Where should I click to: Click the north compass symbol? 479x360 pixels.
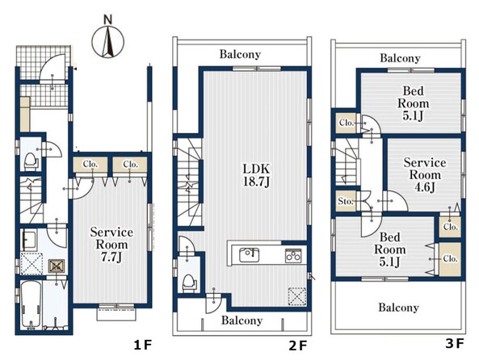tap(108, 41)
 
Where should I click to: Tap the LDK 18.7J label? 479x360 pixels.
tap(256, 175)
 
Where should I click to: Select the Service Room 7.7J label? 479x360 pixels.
tap(111, 245)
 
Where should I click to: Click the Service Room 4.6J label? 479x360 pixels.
tap(425, 174)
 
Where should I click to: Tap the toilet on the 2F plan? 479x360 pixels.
tap(189, 283)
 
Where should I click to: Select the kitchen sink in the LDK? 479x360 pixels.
tap(250, 255)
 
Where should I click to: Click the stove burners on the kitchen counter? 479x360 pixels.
tap(293, 256)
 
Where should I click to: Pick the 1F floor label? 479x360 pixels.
tap(143, 345)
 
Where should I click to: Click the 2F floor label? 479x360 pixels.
tap(298, 345)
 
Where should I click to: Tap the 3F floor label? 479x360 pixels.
tap(455, 344)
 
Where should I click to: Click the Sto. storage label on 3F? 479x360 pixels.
tap(346, 202)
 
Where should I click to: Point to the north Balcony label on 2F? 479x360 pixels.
tap(240, 54)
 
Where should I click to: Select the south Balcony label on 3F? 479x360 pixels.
tap(398, 308)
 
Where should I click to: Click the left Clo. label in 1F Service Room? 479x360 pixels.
tap(90, 165)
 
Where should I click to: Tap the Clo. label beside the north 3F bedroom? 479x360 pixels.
tap(347, 123)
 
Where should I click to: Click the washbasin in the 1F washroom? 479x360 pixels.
tap(29, 237)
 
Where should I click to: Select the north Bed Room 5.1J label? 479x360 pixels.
tap(413, 103)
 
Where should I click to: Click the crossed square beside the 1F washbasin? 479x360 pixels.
tap(57, 266)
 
